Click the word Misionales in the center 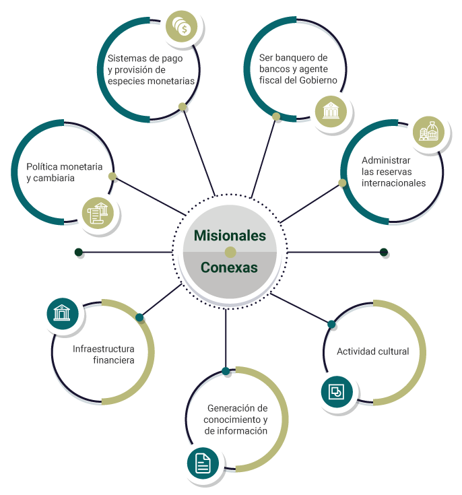230,236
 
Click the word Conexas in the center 229,267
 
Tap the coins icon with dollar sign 182,26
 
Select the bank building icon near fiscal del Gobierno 331,111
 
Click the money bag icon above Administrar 428,132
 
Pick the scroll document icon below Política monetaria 98,213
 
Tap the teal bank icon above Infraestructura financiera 63,313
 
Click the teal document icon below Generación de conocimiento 203,463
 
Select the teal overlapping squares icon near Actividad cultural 337,392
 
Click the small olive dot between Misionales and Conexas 230,253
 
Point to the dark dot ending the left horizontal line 79,253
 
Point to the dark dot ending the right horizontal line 384,253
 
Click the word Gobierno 318,80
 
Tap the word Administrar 386,160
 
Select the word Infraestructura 104,349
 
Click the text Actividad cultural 373,352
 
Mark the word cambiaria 54,178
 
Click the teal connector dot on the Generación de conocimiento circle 226,371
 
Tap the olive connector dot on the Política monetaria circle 112,176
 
